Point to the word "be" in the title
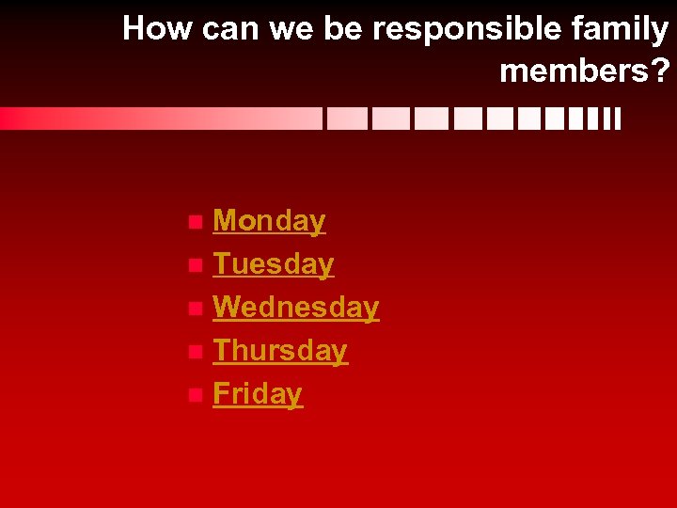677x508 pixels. pos(345,29)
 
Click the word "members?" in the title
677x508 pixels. pos(584,71)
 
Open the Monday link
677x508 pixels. pos(269,221)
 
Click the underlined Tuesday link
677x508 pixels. pos(273,264)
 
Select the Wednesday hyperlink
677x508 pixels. pos(295,308)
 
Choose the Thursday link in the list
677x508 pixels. pos(279,351)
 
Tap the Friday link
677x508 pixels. pos(258,394)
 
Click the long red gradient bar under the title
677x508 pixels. pos(160,119)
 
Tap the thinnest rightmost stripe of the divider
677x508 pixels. pos(618,119)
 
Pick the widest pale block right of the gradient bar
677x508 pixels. pos(346,119)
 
